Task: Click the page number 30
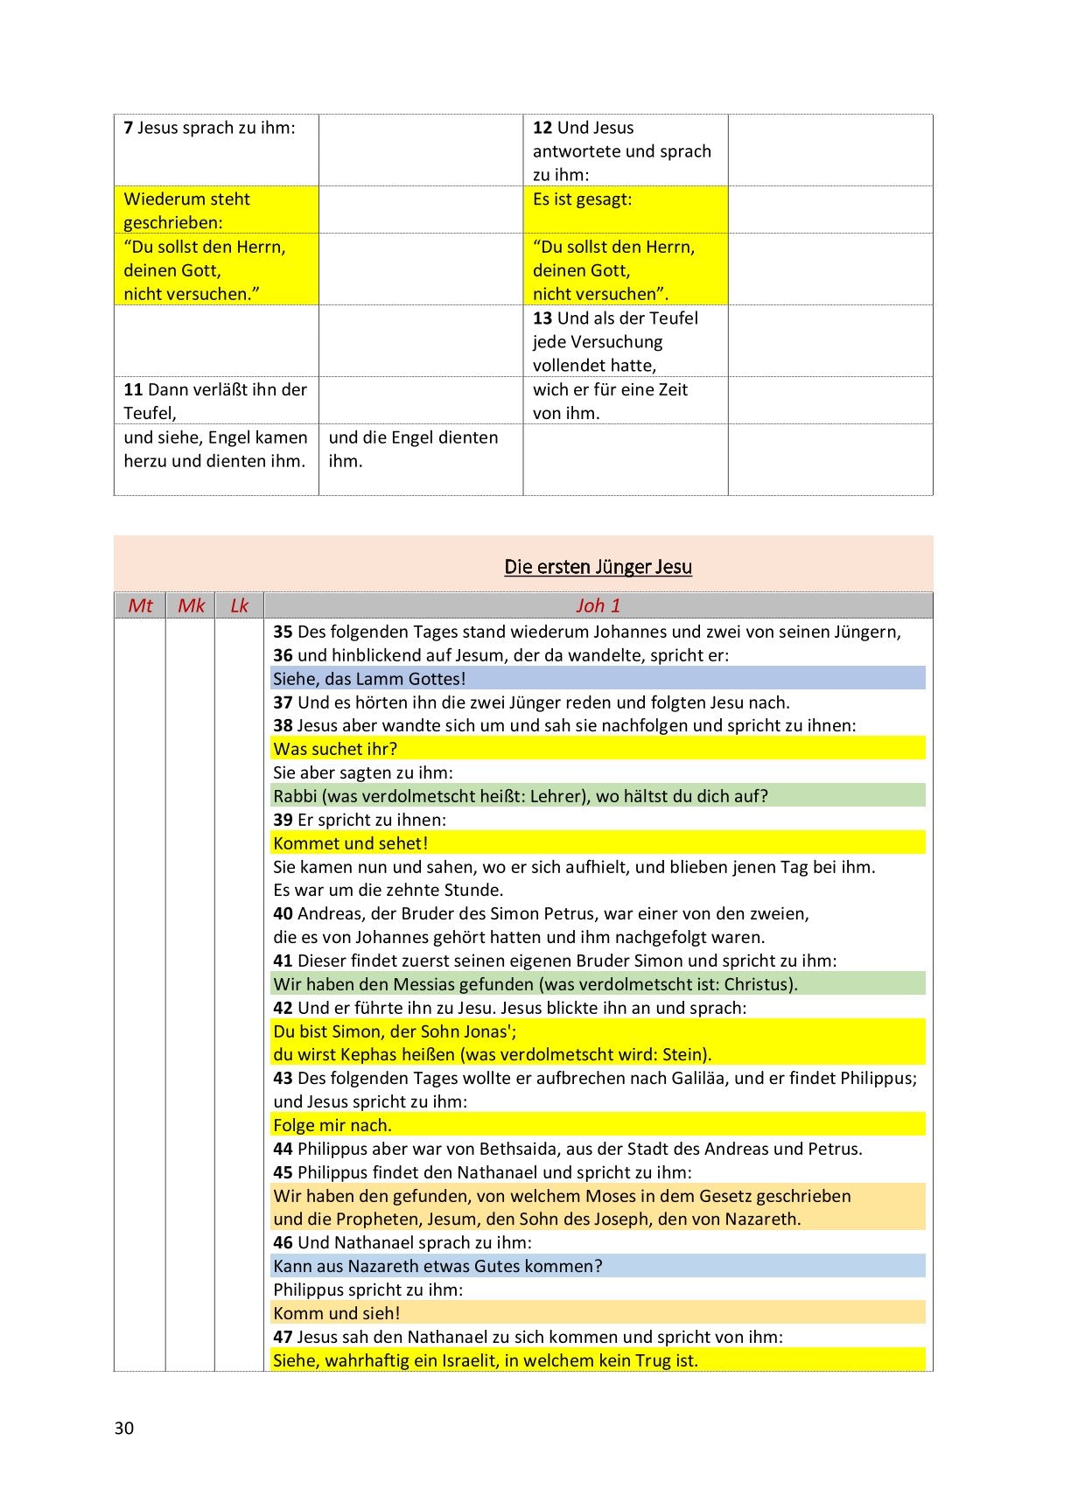coord(123,1428)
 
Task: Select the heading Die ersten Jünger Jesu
coord(598,567)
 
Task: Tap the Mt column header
coord(140,605)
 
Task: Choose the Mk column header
coord(191,605)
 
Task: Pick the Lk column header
coord(239,605)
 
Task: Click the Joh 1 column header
coord(598,605)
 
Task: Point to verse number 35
coord(283,632)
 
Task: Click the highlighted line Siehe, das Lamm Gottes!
coord(369,679)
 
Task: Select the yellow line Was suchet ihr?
coord(335,749)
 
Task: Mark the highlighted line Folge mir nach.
coord(332,1125)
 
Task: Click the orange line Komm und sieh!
coord(336,1313)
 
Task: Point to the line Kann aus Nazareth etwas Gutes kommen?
coord(437,1266)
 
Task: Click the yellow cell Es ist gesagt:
coord(582,199)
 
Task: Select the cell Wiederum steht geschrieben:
coord(186,210)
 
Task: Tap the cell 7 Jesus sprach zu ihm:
coord(210,128)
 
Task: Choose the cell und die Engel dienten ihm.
coord(413,449)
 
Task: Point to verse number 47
coord(283,1337)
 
